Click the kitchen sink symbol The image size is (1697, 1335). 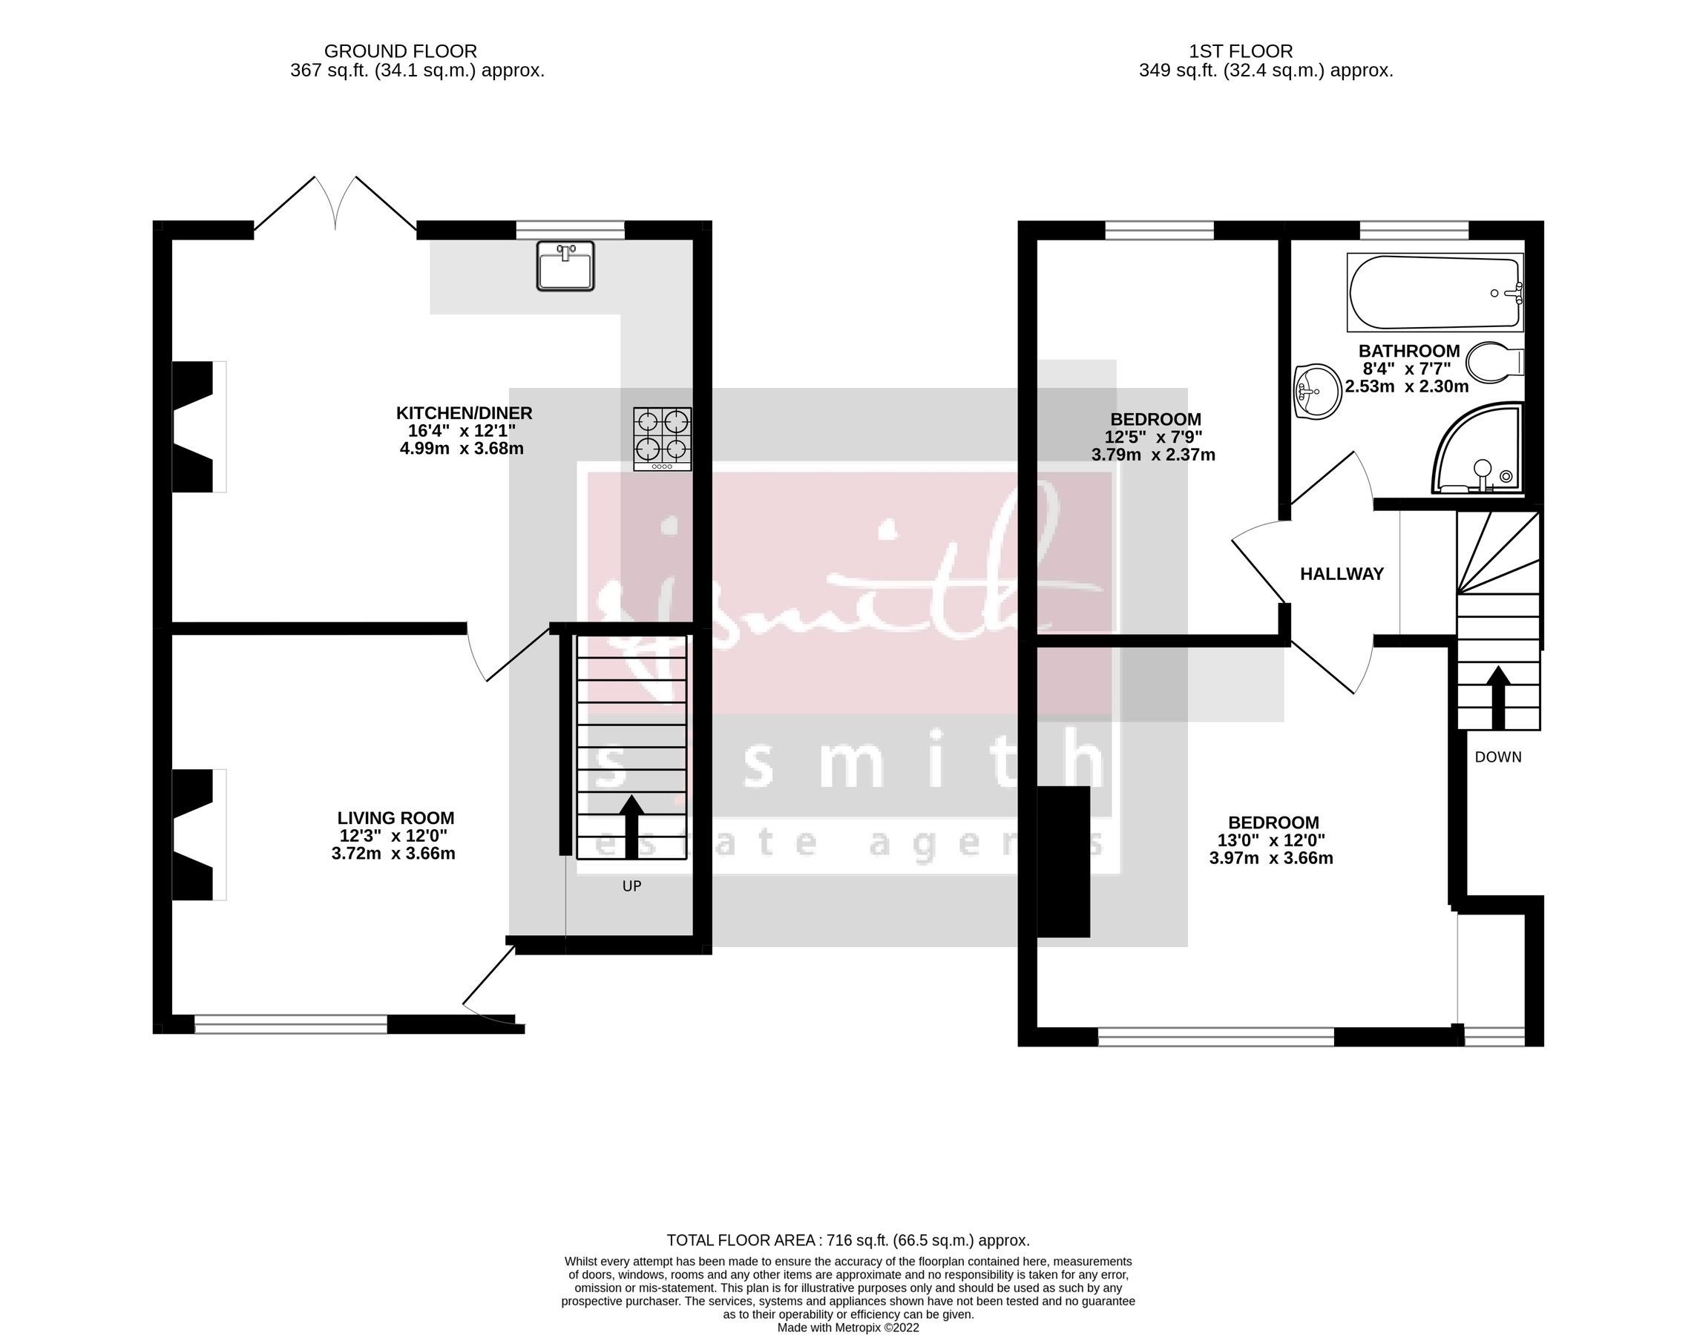565,266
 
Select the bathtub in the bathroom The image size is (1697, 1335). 1434,292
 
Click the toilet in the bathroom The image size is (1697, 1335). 1494,363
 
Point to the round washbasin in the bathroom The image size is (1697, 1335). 1318,391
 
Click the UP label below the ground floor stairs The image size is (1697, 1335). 631,886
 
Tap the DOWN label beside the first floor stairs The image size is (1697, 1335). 1497,756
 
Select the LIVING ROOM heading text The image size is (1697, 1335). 395,817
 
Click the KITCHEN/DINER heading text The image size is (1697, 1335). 464,412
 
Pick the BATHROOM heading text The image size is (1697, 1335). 1408,351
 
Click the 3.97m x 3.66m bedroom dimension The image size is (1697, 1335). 1271,858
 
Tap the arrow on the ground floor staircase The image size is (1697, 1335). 631,825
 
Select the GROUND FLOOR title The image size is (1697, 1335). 401,52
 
